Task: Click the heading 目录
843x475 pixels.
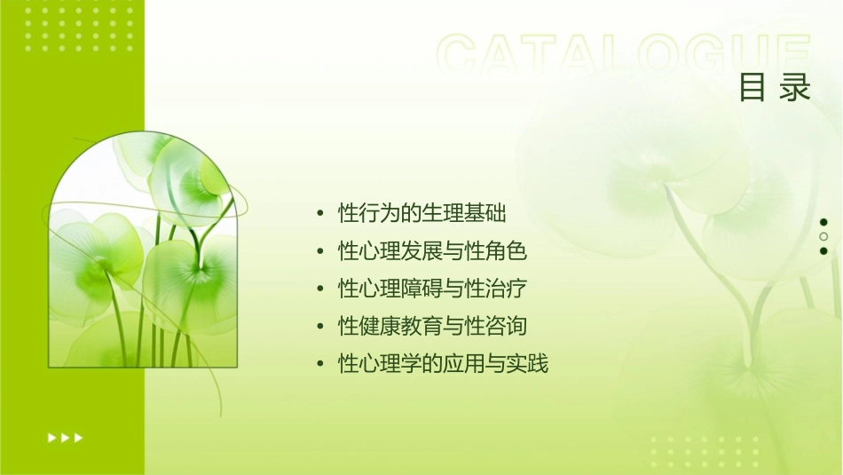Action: click(x=775, y=88)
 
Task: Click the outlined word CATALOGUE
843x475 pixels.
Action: click(x=624, y=55)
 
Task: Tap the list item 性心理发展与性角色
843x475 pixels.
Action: click(x=433, y=252)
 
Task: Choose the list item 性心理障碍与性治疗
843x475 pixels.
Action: click(x=433, y=289)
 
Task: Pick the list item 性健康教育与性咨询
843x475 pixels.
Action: click(x=433, y=327)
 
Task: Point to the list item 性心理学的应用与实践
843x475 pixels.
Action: click(x=444, y=364)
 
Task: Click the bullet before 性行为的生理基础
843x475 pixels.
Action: click(x=320, y=215)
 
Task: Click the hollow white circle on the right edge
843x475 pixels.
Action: click(x=823, y=236)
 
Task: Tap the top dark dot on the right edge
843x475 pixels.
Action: click(x=823, y=222)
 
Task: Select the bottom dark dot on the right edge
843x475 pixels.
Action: click(x=823, y=250)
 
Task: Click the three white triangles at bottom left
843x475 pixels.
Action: click(x=65, y=437)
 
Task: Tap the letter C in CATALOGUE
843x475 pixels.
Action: click(x=461, y=55)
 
